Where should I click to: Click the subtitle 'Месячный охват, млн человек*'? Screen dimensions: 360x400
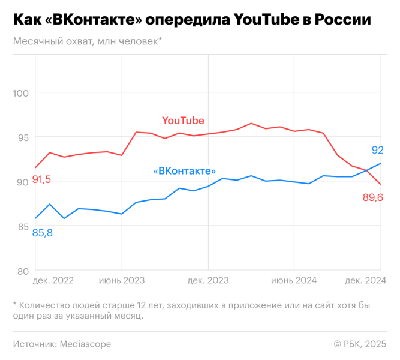tap(87, 41)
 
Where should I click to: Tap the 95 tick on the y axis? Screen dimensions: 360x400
tap(23, 137)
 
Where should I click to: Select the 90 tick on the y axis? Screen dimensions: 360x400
tap(23, 182)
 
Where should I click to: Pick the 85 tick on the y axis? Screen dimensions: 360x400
tap(23, 226)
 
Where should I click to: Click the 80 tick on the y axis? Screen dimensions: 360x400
tap(23, 271)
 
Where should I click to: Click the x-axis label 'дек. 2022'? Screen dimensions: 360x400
tap(53, 280)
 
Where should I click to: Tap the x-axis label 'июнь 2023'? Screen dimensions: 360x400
tap(122, 280)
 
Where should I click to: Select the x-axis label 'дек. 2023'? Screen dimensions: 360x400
tap(208, 280)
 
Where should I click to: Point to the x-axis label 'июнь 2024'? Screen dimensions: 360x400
tap(294, 280)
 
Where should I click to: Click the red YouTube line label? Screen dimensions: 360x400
tap(183, 121)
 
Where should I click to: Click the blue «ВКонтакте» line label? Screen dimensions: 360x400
tap(185, 171)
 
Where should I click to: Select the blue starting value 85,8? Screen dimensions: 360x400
tap(42, 233)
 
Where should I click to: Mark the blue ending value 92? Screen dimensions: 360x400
tap(377, 150)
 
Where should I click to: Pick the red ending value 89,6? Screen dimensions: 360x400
tap(372, 197)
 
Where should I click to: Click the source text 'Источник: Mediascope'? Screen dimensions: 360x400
tap(62, 344)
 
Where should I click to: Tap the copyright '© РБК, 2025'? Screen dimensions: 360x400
tap(360, 344)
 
